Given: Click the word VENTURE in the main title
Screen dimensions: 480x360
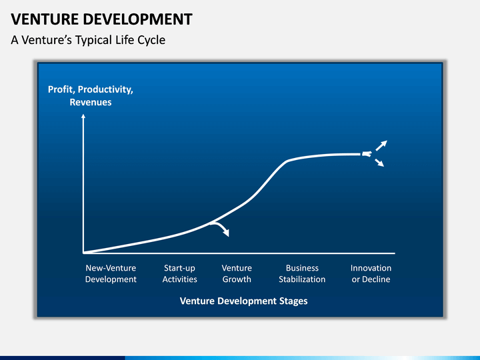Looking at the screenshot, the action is point(45,19).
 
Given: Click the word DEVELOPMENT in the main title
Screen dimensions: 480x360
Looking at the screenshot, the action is point(138,19).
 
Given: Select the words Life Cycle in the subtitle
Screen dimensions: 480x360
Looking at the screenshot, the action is point(140,40).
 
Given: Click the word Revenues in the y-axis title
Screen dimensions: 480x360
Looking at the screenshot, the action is point(91,102).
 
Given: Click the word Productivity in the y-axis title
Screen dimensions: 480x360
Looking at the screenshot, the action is point(105,90).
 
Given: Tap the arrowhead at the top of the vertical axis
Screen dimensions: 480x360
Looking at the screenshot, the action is point(83,116).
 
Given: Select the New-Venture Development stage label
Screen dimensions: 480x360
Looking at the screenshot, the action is point(111,274).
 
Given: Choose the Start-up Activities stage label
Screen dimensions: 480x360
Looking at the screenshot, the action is point(180,274).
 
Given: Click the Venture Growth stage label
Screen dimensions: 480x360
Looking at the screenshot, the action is point(237,274).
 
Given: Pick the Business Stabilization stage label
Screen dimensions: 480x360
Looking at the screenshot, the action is point(302,274).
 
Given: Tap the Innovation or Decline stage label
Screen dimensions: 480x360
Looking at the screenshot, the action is point(371,274).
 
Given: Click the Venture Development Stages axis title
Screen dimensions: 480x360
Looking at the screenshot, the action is point(244,301).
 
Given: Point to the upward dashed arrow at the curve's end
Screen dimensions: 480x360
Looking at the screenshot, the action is point(381,146).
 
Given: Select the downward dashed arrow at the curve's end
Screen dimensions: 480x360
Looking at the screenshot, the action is point(379,163).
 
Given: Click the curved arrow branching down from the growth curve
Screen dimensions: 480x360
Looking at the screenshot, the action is point(221,227).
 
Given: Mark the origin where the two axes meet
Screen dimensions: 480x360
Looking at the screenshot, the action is point(83,253).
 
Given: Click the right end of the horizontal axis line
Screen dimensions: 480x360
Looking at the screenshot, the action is point(395,253).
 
